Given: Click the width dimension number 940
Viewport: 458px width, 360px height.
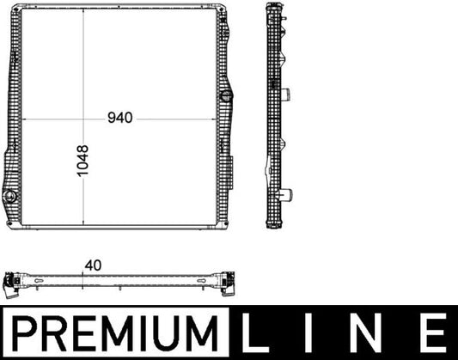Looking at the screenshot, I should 119,119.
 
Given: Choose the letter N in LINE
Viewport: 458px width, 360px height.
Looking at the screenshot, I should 368,332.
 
